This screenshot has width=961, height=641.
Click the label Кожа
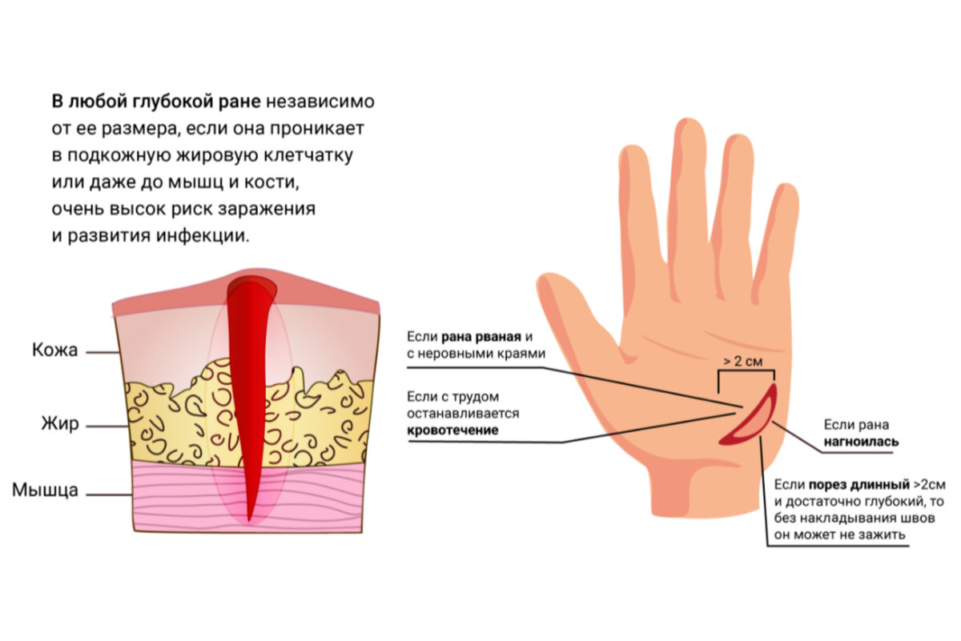pos(55,351)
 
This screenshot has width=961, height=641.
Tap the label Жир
pos(61,424)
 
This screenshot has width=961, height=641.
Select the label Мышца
pos(45,490)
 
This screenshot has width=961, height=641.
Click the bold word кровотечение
pos(453,430)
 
